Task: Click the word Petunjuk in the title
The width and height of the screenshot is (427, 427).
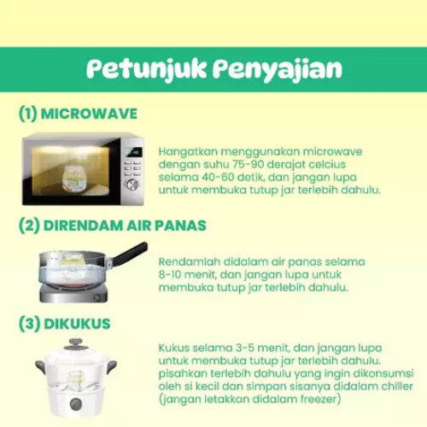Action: [146, 69]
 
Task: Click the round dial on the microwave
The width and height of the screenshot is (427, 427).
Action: [132, 185]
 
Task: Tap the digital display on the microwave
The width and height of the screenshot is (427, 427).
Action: [133, 153]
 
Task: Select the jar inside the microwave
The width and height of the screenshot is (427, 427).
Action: [74, 178]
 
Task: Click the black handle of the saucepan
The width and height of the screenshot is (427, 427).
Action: [130, 253]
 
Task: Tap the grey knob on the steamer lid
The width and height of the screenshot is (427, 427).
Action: [75, 344]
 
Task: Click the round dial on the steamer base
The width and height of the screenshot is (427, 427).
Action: [76, 403]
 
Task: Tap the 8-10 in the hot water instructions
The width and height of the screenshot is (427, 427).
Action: [171, 275]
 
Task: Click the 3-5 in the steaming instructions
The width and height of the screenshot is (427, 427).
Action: [246, 348]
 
